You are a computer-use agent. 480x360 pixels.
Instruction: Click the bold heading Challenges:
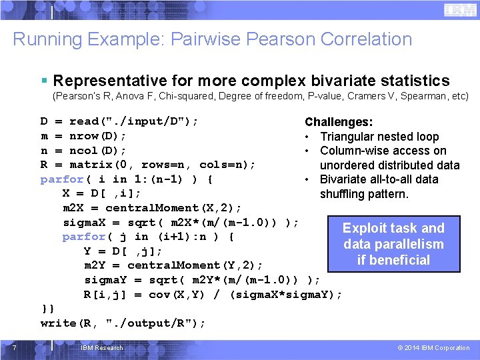[339, 122]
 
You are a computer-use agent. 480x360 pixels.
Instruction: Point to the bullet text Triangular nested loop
[379, 137]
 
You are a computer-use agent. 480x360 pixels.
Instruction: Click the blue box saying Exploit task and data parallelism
[393, 244]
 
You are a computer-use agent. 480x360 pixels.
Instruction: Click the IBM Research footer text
[101, 347]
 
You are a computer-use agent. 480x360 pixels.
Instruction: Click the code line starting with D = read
[119, 121]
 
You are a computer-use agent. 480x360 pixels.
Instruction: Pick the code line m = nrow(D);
[83, 136]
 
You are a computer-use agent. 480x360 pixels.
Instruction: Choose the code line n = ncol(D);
[83, 150]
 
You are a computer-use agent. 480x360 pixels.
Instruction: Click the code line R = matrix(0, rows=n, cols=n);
[148, 164]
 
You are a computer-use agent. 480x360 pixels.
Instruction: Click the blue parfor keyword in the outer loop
[62, 179]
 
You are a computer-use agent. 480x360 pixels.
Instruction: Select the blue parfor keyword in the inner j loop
[84, 236]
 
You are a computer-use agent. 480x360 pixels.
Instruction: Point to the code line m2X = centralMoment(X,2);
[152, 207]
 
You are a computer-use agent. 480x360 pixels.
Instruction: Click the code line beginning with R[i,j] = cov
[213, 294]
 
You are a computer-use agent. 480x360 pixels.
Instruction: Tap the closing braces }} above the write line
[47, 309]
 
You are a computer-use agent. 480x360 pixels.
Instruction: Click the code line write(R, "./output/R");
[123, 323]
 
